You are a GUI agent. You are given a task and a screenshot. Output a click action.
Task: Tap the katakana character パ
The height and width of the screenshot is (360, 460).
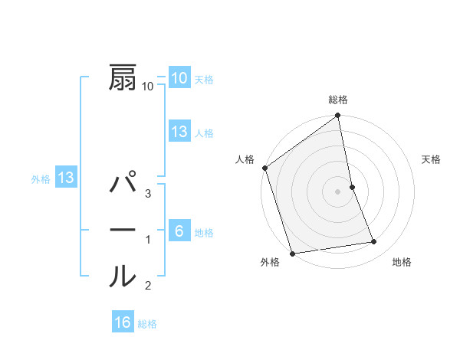(x=123, y=185)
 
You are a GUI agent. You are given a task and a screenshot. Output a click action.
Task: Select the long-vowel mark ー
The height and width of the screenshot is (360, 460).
(x=123, y=230)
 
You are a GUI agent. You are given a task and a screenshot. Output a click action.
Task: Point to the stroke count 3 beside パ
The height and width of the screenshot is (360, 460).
(x=148, y=195)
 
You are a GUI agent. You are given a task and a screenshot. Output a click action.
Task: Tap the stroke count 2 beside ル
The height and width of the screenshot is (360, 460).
(x=148, y=286)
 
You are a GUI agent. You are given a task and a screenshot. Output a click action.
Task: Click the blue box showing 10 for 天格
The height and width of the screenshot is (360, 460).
(x=179, y=77)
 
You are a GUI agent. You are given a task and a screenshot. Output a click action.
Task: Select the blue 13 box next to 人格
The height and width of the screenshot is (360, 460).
(x=179, y=132)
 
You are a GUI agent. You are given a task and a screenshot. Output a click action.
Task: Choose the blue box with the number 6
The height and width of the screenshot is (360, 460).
(x=179, y=231)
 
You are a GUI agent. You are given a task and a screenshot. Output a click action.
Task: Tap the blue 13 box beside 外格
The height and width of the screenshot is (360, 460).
(x=66, y=178)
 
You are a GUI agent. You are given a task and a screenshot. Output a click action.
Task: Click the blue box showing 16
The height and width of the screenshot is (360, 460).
(x=123, y=322)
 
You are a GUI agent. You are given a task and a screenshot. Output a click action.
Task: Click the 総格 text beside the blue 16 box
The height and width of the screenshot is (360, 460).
(x=147, y=324)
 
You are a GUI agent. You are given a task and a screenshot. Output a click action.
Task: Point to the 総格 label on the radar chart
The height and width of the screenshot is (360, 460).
(x=338, y=100)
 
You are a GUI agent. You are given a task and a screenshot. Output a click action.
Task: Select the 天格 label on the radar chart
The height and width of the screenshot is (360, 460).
(x=431, y=159)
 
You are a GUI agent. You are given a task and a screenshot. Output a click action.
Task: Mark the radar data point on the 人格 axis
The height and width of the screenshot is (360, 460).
(x=264, y=168)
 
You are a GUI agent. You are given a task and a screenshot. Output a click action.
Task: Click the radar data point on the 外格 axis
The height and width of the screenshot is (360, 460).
(x=292, y=254)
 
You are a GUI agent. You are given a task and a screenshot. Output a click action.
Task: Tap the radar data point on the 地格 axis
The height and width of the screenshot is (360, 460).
(x=374, y=242)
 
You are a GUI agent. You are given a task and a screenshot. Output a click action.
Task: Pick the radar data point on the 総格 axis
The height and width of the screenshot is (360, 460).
(x=338, y=116)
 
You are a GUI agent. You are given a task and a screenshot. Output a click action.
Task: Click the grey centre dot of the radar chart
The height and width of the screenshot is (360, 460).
(x=338, y=191)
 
